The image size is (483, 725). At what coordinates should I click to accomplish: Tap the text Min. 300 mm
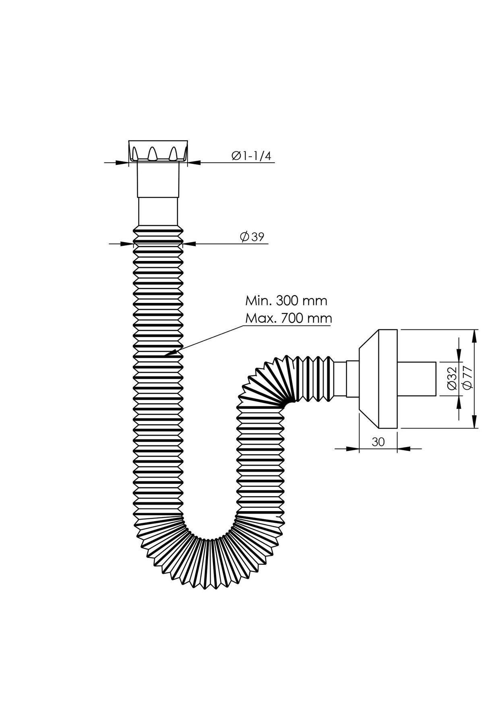(286, 300)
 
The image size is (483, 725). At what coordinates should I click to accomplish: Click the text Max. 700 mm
(289, 318)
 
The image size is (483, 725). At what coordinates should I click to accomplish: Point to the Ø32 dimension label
(451, 379)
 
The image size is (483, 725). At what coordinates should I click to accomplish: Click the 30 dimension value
(378, 442)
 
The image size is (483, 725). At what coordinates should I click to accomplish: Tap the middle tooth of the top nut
(153, 153)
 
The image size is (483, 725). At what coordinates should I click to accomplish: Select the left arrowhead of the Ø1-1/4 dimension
(122, 163)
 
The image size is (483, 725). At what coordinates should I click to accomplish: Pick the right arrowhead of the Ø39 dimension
(189, 243)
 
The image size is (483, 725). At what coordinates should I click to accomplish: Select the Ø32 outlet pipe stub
(417, 379)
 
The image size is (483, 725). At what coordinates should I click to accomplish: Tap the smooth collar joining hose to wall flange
(347, 379)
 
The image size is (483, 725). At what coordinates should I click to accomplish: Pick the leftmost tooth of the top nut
(135, 154)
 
